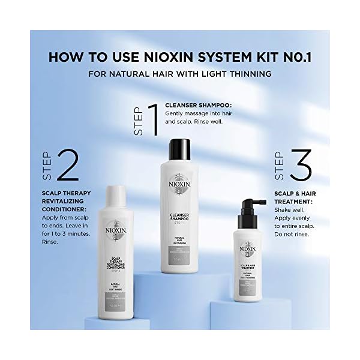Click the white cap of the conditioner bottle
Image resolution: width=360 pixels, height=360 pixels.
pyautogui.click(x=119, y=195)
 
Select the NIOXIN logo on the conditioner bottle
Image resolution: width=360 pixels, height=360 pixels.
pyautogui.click(x=119, y=232)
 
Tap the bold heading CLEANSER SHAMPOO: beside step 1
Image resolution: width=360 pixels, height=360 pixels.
pyautogui.click(x=198, y=105)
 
